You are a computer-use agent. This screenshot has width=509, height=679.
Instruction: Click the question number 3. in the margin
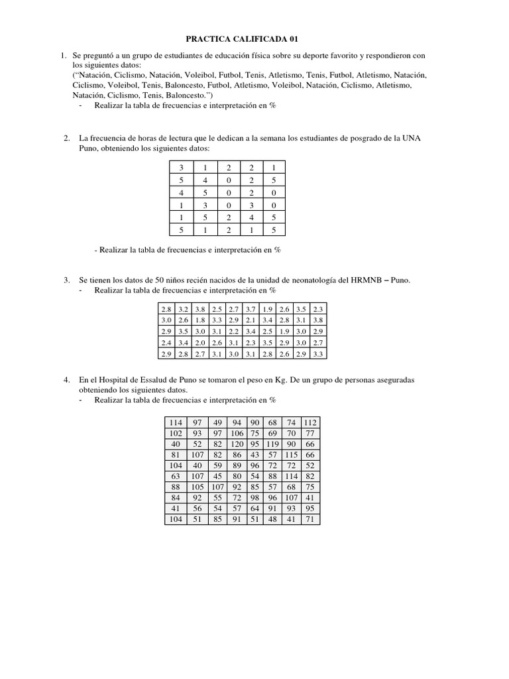point(67,280)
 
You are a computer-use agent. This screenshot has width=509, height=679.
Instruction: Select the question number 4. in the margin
point(67,381)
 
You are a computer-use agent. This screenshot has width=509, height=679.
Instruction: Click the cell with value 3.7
point(251,309)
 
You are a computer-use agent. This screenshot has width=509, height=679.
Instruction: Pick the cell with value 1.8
point(199,320)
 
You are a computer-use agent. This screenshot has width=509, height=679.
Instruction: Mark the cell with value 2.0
point(199,343)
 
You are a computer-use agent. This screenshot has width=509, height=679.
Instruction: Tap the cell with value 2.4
point(166,343)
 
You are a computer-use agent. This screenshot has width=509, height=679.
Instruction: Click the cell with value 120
point(237,444)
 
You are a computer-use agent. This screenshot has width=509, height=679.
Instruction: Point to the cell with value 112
point(310,422)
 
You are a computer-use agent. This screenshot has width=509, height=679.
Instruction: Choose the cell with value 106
point(237,433)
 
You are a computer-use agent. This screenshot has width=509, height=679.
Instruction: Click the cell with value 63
point(176,477)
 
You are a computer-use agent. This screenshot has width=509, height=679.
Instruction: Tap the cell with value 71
point(310,520)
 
